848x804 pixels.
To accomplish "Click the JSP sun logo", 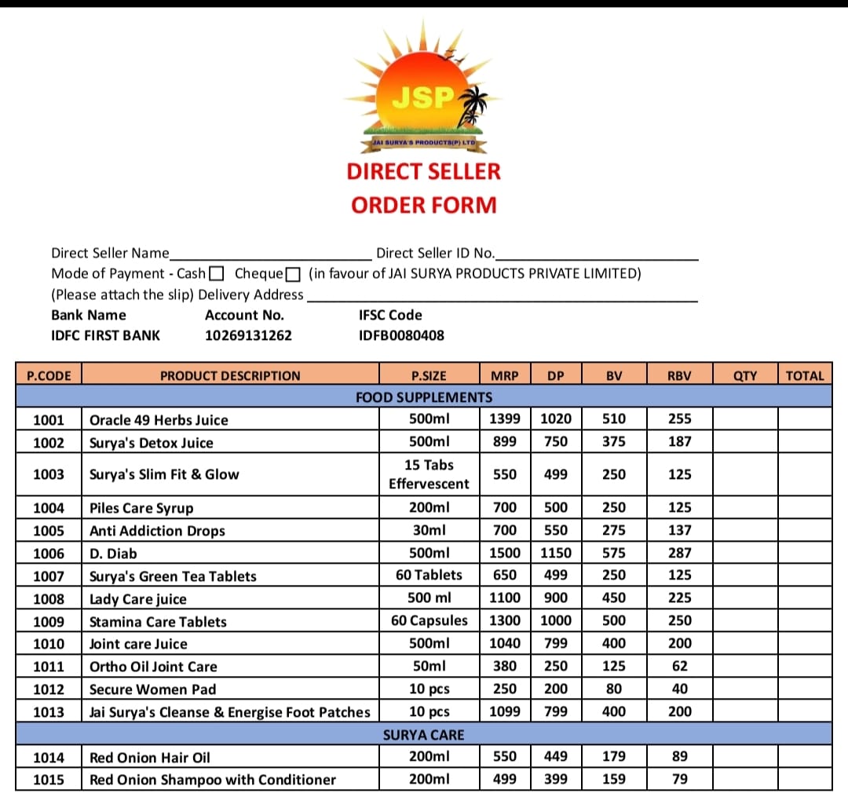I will point(423,94).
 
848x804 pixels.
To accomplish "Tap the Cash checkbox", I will point(217,274).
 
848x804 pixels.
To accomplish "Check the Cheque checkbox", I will point(293,274).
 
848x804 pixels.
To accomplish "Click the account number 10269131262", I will point(248,335).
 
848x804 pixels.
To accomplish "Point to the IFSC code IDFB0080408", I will point(401,335).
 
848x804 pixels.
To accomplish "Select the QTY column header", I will point(744,375).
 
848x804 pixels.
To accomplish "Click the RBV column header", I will point(679,375).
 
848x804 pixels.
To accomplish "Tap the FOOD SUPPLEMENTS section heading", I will point(424,397).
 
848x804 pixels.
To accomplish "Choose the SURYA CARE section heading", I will point(424,735).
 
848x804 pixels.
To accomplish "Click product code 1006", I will point(49,554).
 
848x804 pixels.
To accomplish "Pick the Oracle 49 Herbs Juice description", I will point(159,420).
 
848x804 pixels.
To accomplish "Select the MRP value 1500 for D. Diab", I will point(504,554).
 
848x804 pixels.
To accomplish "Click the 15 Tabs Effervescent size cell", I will point(429,474).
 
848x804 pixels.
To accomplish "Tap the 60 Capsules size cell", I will point(429,621).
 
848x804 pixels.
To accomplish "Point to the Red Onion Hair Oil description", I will point(149,758).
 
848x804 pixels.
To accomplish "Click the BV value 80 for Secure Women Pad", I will point(614,689).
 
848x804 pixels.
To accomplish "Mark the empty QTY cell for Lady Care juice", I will point(744,599).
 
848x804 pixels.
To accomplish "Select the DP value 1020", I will point(556,419).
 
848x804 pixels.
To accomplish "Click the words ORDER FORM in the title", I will point(424,206).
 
